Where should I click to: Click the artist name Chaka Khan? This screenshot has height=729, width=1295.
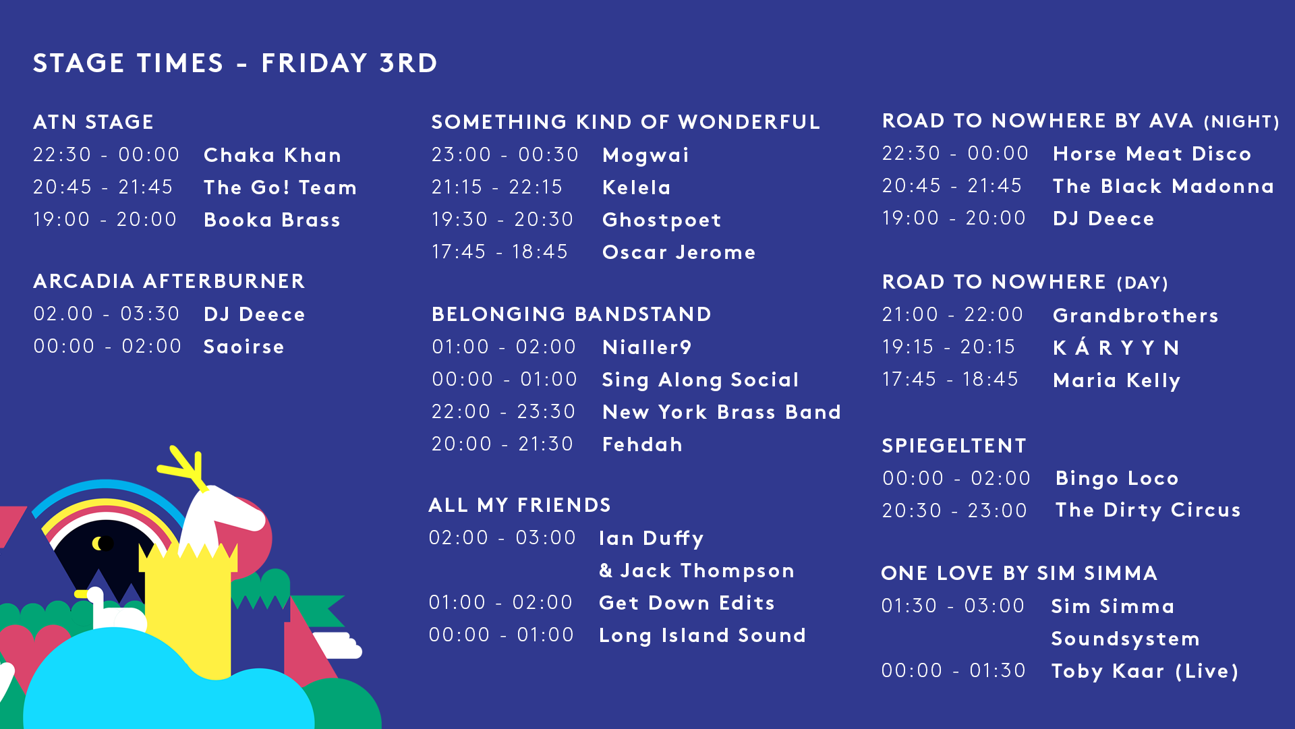(272, 155)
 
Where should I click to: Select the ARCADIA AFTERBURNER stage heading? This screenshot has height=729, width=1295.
(169, 281)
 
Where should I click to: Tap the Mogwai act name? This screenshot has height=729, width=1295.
(645, 156)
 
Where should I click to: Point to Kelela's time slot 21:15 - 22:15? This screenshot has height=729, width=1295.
(497, 187)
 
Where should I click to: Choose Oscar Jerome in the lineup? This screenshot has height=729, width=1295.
(679, 252)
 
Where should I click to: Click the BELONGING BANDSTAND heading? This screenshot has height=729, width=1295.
(571, 314)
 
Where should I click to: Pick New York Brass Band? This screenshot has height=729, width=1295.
(722, 412)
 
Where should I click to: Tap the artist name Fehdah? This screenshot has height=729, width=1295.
(642, 444)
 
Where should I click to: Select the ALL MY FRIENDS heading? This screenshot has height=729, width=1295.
(519, 505)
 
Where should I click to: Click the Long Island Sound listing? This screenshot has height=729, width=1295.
(702, 636)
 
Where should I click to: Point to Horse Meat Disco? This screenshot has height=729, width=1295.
(1152, 154)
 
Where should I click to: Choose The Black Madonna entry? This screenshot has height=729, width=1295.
(1163, 186)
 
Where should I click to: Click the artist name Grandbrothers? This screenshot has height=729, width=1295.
(1136, 316)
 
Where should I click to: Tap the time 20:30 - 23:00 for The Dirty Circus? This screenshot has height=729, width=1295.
(954, 511)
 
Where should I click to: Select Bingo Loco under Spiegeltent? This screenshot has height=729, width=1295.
(1117, 479)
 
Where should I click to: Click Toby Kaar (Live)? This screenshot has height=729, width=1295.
(1145, 672)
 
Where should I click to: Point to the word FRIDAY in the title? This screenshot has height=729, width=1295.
(314, 63)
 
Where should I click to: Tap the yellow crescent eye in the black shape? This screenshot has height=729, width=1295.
(98, 543)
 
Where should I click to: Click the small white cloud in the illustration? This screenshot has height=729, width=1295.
(337, 645)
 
